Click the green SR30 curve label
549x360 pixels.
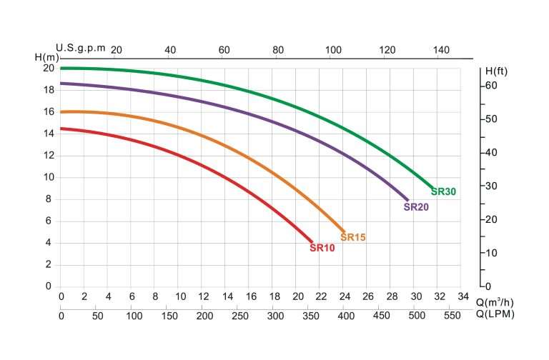click(443, 191)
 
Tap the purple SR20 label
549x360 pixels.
click(416, 207)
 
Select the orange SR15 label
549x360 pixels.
click(353, 237)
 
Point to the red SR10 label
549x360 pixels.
click(322, 248)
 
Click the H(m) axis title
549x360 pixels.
click(47, 57)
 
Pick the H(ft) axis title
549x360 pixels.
click(496, 71)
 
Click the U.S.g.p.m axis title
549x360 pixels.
click(81, 48)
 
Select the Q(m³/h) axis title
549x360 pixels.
click(495, 302)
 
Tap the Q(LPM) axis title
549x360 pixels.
click(495, 314)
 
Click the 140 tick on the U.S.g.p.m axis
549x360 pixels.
click(441, 50)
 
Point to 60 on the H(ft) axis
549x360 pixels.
click(491, 86)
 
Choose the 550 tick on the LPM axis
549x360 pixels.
click(452, 316)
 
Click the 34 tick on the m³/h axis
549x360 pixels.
click(463, 296)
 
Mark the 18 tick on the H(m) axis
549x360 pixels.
click(49, 90)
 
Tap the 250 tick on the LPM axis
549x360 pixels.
click(240, 316)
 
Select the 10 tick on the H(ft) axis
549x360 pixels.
click(491, 253)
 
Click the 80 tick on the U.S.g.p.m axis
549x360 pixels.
click(278, 50)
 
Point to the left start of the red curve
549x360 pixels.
click(61, 129)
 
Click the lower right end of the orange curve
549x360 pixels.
click(344, 231)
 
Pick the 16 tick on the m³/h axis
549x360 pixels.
click(251, 296)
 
